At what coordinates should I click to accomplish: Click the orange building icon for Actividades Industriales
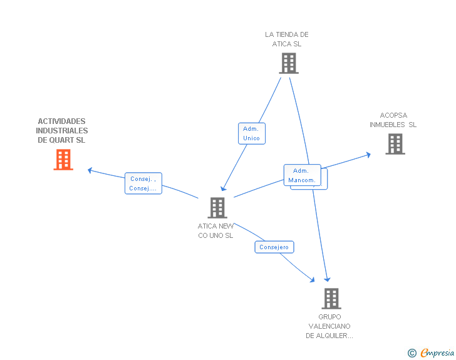63,160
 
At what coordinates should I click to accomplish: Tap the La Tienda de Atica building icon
288,63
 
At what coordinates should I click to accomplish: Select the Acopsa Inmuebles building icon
395,144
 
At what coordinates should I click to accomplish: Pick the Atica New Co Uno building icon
217,208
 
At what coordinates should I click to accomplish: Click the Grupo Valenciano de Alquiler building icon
331,299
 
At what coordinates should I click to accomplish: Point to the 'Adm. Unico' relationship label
251,133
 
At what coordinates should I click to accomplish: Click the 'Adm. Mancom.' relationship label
302,175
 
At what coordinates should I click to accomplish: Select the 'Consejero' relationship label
274,247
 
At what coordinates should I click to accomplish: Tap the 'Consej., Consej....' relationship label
143,183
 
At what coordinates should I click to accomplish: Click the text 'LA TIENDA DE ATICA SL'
287,39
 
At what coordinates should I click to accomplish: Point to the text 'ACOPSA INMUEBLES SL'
393,120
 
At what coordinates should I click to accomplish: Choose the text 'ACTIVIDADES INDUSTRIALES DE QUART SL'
62,130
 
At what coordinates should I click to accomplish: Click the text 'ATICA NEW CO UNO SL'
215,230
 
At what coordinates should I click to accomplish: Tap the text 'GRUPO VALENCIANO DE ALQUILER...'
329,326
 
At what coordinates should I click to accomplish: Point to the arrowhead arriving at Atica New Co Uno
222,188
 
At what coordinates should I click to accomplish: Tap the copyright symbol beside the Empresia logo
412,353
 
